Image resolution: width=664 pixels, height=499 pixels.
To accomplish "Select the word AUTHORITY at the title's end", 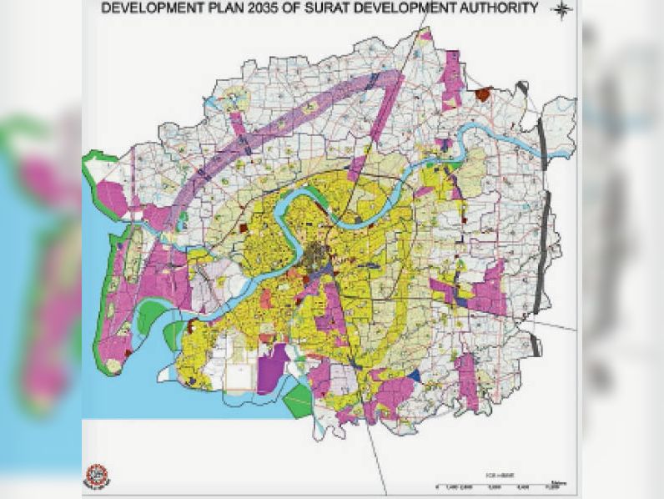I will click(499, 9).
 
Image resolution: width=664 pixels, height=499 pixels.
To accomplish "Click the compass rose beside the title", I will click(563, 10).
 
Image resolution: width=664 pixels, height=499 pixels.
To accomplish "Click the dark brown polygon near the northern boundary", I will click(482, 94).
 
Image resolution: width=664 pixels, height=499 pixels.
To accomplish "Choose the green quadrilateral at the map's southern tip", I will click(296, 401).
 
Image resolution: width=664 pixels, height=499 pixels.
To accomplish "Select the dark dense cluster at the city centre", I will click(317, 255).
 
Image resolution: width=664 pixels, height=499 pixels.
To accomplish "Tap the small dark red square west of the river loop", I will click(244, 227).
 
